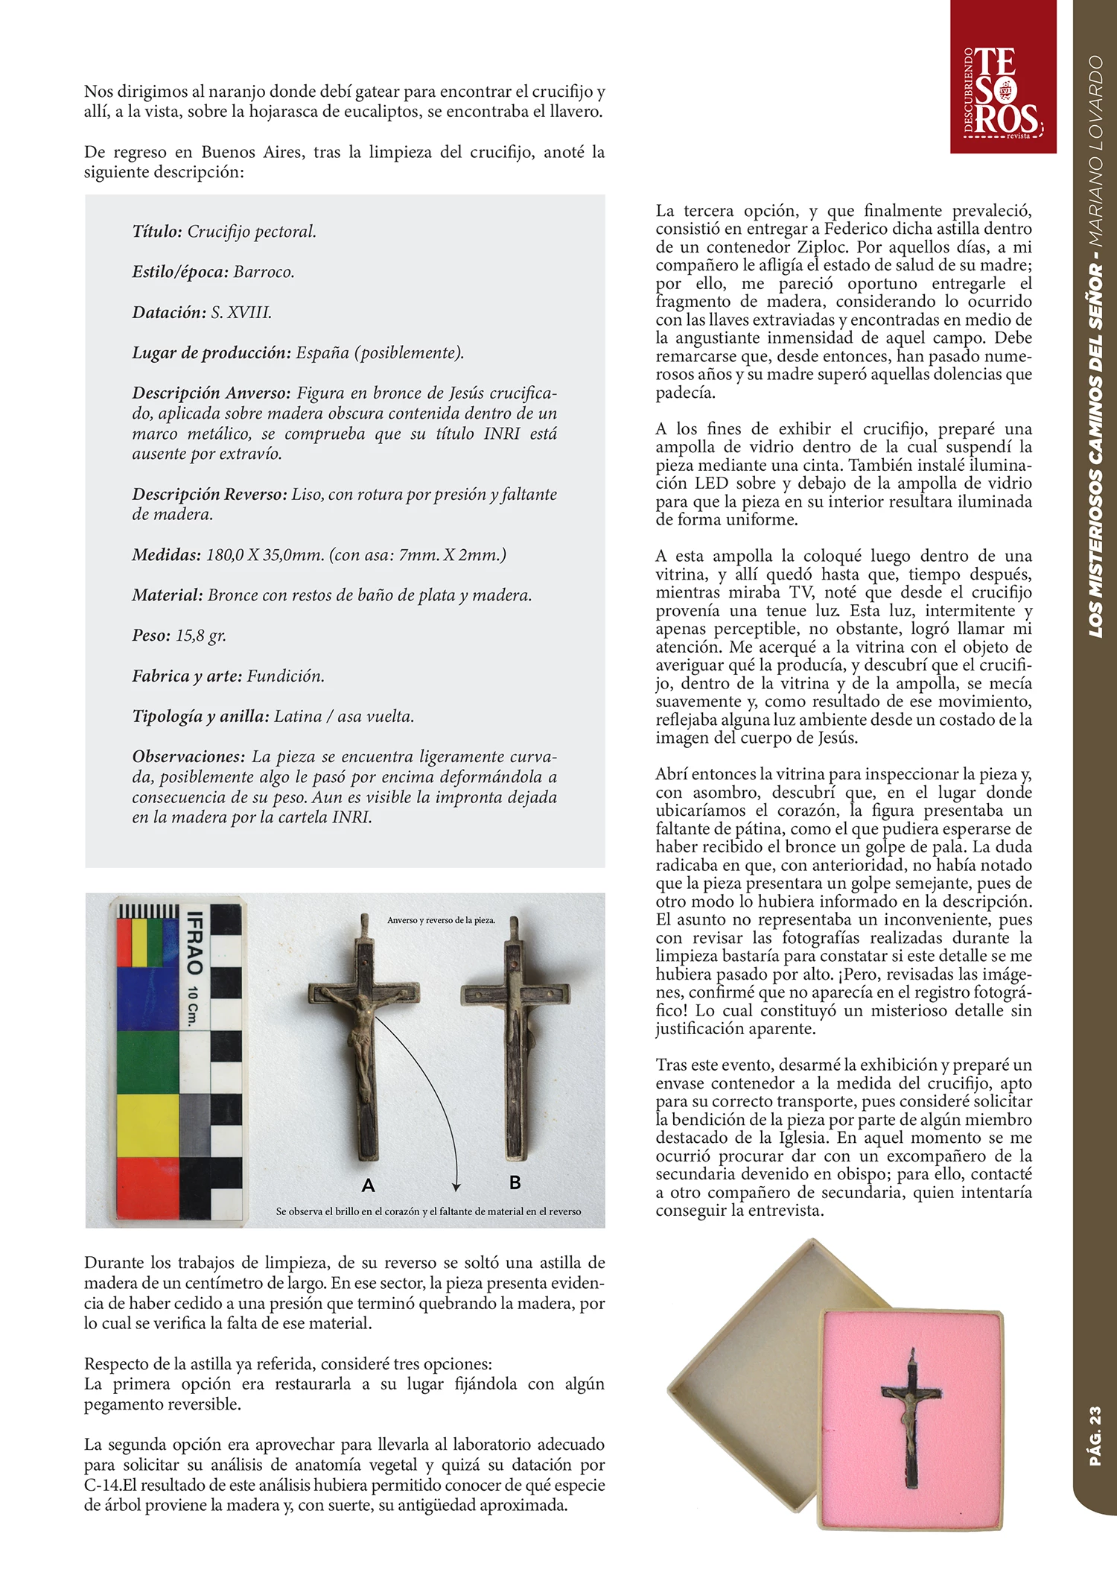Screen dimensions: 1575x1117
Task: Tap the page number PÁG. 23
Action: (x=1095, y=1436)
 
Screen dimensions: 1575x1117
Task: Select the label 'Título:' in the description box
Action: (x=157, y=232)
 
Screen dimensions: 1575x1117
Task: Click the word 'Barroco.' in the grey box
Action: (x=264, y=272)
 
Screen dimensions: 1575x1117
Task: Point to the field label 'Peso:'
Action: (x=151, y=636)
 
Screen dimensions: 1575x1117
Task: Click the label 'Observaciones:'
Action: (x=188, y=756)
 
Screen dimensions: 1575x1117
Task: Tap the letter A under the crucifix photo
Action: (x=368, y=1185)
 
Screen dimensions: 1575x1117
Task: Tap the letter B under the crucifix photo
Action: (x=515, y=1182)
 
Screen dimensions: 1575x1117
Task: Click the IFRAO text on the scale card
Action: (x=194, y=943)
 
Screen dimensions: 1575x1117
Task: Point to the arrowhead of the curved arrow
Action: (x=456, y=1186)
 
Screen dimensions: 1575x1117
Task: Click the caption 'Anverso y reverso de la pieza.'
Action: (x=441, y=920)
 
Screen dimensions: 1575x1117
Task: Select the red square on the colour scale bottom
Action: (x=147, y=1187)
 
